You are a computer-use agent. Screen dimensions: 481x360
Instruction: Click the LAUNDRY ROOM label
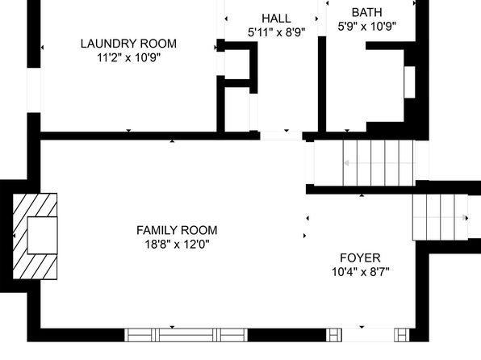[x=128, y=44]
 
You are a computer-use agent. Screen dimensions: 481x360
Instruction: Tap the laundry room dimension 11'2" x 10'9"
[x=128, y=57]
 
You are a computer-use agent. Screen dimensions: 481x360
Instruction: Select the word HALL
[x=276, y=19]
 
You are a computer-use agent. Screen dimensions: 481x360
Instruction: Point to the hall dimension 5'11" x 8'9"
[x=276, y=32]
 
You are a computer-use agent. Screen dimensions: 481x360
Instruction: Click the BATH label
[x=367, y=13]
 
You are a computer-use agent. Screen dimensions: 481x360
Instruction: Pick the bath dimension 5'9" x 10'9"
[x=367, y=27]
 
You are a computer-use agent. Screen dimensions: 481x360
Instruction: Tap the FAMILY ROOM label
[x=177, y=230]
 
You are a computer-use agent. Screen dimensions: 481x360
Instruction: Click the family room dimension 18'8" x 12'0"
[x=177, y=245]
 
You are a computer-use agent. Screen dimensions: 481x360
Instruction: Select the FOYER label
[x=361, y=257]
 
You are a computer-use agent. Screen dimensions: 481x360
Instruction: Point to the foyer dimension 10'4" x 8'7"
[x=361, y=271]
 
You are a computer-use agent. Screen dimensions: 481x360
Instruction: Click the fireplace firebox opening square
[x=42, y=236]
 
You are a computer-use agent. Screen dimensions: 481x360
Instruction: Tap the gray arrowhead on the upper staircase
[x=346, y=163]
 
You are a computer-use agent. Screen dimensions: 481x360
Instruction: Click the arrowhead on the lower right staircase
[x=466, y=218]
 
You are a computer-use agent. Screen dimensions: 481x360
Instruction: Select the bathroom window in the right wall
[x=409, y=82]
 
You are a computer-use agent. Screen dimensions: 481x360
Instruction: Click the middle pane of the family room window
[x=186, y=335]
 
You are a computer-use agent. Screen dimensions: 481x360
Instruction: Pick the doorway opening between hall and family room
[x=281, y=136]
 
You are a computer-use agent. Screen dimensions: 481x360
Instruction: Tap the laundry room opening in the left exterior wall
[x=34, y=90]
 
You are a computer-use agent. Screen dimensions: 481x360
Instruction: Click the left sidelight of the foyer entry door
[x=334, y=335]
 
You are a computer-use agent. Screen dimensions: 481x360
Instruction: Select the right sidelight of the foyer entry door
[x=402, y=335]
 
